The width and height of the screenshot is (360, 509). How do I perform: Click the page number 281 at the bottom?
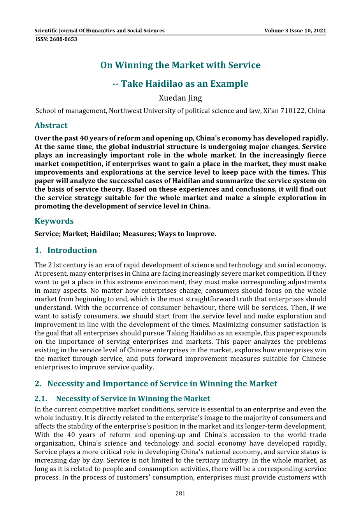point(180,493)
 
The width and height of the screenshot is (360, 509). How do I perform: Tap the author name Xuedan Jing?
point(180,98)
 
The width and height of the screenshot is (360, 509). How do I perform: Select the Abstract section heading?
point(51,125)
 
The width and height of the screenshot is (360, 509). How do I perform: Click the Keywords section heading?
point(54,221)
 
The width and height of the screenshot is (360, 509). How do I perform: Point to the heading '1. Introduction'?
point(66,250)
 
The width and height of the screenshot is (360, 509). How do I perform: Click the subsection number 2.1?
point(41,399)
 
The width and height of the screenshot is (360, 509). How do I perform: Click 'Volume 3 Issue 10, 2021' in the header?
point(295,31)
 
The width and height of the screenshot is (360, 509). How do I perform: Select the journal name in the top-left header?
point(100,31)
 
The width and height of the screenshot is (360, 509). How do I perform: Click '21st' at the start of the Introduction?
point(54,265)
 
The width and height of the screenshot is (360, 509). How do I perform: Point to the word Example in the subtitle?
point(229,84)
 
